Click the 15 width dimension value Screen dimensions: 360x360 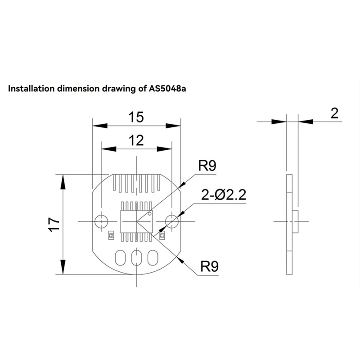[x=135, y=117]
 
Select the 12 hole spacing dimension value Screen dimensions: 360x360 [x=135, y=141]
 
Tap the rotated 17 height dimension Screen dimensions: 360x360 [x=54, y=224]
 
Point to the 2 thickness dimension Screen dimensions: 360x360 [x=334, y=113]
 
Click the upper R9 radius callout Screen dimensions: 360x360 [x=207, y=166]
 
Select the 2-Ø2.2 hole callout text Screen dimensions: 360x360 [x=223, y=195]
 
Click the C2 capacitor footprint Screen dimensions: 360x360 [x=110, y=234]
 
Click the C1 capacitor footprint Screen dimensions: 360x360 [x=162, y=234]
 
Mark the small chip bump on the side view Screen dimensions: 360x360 [x=296, y=220]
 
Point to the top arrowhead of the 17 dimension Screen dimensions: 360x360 [x=63, y=179]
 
